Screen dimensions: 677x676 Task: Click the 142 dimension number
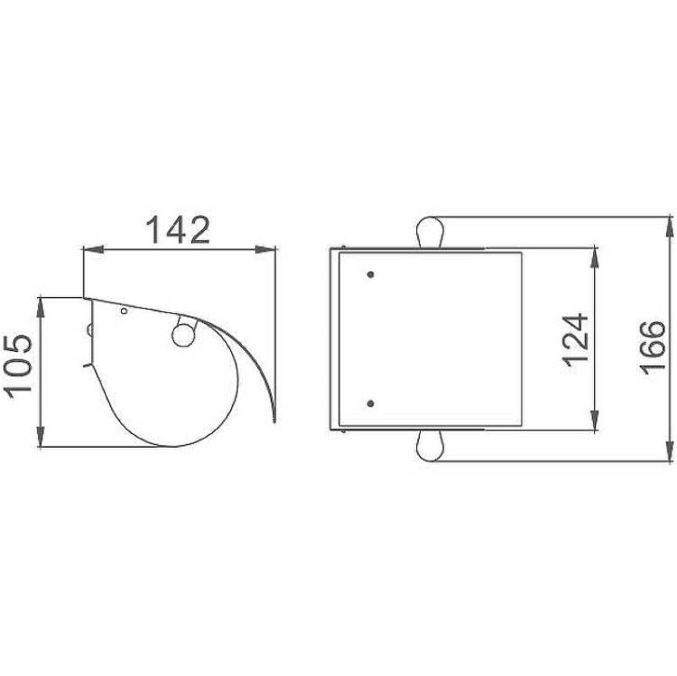[178, 229]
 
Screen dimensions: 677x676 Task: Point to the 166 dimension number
[653, 347]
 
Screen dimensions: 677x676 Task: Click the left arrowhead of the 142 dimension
[93, 249]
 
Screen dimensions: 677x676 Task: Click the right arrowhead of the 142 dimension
[265, 249]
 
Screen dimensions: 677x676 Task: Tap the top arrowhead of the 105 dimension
[40, 308]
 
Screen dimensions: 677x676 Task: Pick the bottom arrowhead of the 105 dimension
[40, 437]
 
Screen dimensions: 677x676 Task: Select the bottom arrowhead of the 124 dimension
[595, 420]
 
